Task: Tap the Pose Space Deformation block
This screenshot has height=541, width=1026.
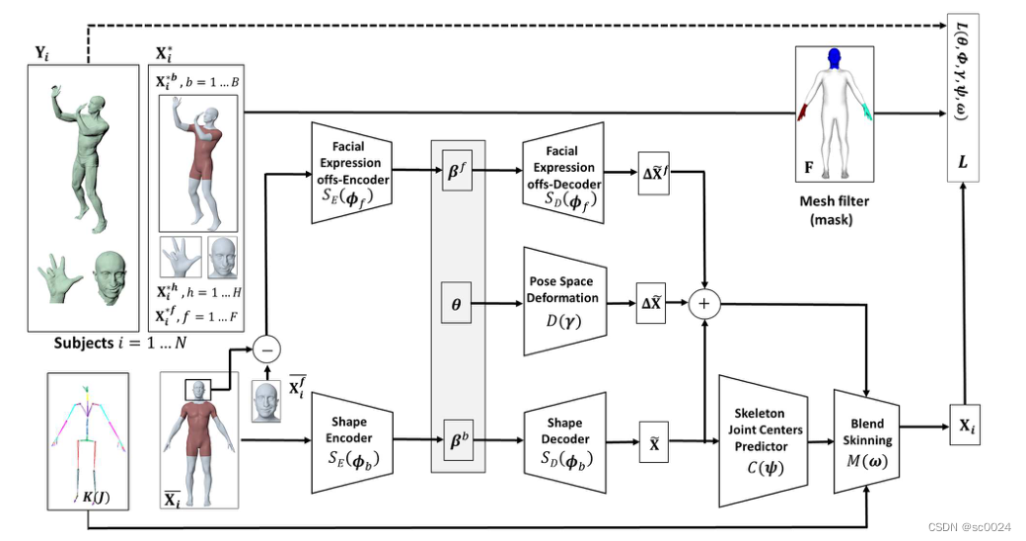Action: coord(563,299)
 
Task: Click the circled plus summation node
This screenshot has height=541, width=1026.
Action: coord(703,303)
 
